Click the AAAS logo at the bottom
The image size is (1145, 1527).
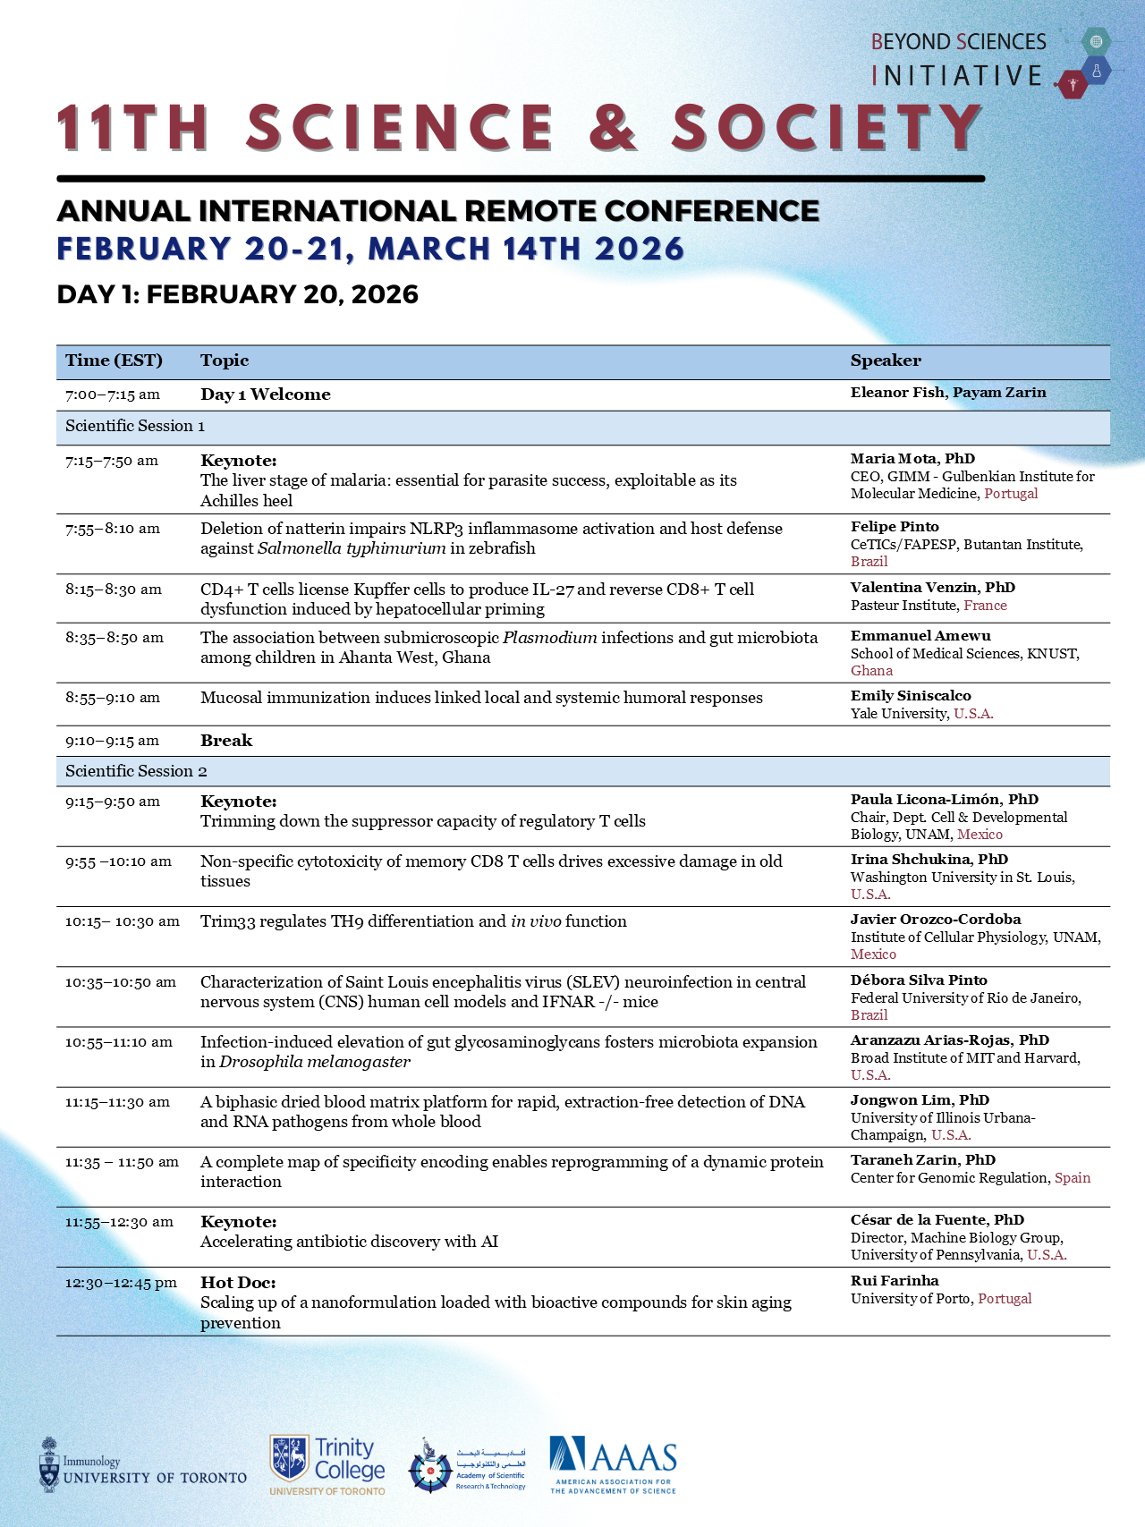point(613,1464)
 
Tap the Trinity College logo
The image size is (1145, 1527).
point(327,1464)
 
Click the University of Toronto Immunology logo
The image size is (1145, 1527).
point(143,1465)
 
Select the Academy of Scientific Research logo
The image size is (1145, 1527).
point(467,1465)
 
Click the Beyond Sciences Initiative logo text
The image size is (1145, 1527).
point(958,59)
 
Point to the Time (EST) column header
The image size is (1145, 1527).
point(114,361)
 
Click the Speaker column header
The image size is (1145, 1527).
point(886,361)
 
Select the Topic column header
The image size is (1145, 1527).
point(225,361)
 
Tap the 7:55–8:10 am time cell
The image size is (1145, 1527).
point(113,529)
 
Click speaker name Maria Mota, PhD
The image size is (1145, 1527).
point(912,459)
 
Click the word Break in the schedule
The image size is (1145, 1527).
point(226,741)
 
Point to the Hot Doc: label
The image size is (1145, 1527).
point(238,1283)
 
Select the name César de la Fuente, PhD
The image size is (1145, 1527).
point(937,1220)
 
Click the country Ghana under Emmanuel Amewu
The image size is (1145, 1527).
point(871,671)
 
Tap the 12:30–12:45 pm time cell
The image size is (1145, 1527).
point(121,1283)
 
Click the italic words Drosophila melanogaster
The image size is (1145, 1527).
point(315,1062)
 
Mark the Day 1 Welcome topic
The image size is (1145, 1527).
point(266,394)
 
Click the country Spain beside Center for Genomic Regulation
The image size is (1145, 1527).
point(1073,1178)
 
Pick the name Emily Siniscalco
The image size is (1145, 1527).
point(911,696)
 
